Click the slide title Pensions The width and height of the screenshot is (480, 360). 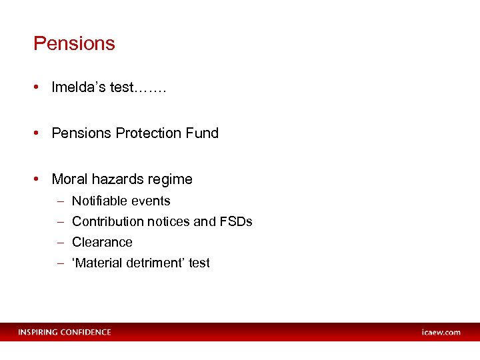point(74,44)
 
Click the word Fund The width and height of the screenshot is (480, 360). point(203,133)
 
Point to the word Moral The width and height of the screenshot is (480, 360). point(69,179)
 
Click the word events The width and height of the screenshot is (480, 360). point(153,201)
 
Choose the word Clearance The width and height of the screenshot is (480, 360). point(102,242)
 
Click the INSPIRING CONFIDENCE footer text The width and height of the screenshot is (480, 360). point(65,332)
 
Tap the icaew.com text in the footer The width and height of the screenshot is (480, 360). point(441,332)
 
